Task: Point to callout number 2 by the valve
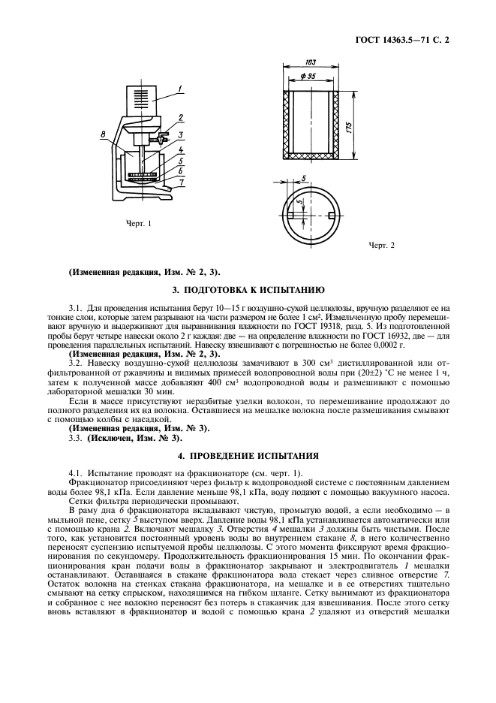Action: click(182, 119)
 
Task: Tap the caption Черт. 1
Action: click(140, 223)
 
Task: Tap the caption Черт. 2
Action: click(380, 245)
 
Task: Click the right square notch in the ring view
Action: click(330, 216)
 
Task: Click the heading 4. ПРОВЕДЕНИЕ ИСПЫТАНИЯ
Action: click(248, 455)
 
